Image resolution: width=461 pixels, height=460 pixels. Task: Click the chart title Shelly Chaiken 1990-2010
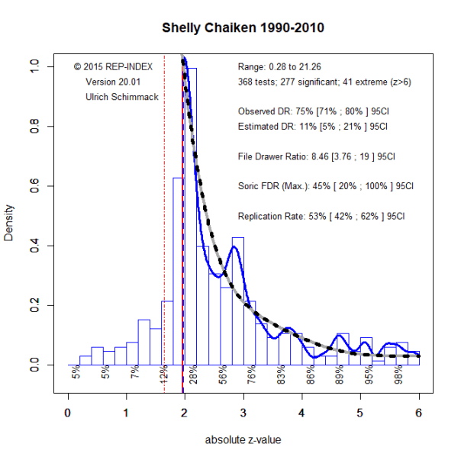243,28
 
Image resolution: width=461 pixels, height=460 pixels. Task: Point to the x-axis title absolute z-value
243,440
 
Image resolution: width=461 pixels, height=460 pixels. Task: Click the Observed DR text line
313,111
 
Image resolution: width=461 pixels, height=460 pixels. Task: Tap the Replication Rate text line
321,216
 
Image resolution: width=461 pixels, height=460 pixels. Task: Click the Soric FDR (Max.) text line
325,186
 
